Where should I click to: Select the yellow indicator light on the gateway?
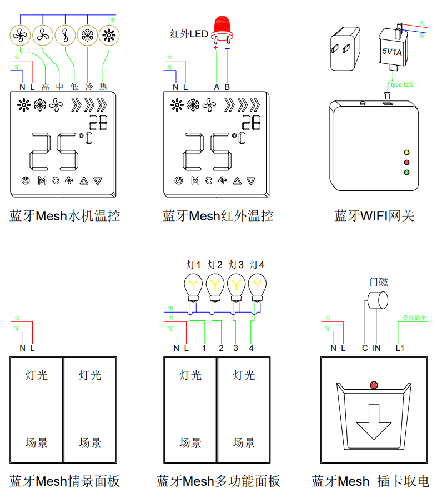click(406, 152)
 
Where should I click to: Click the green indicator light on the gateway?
click(406, 172)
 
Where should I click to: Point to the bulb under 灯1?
click(194, 286)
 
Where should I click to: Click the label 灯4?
click(257, 264)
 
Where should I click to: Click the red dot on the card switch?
click(374, 385)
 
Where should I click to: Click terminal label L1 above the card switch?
click(400, 348)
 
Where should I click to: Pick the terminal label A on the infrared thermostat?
click(217, 87)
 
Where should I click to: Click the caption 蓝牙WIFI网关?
click(374, 216)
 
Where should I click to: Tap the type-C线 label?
click(402, 85)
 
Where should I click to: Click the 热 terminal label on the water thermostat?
click(103, 87)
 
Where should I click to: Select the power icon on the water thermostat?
click(25, 180)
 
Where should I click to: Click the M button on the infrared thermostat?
click(195, 180)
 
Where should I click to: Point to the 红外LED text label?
click(189, 34)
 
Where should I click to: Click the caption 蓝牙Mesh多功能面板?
click(218, 481)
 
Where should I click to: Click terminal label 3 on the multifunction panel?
click(236, 348)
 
